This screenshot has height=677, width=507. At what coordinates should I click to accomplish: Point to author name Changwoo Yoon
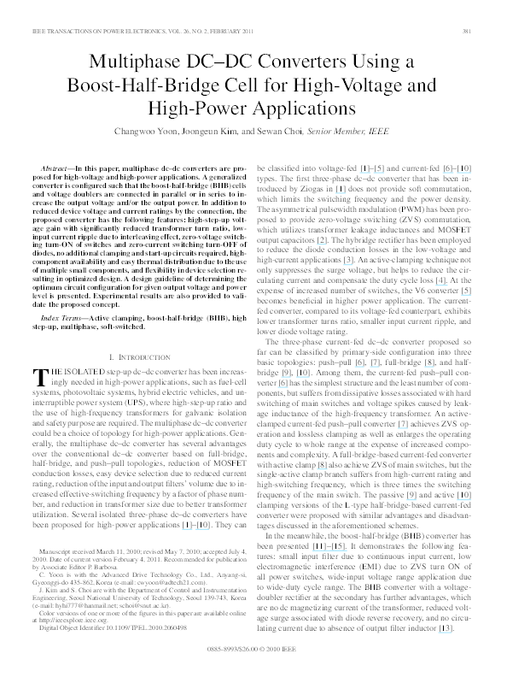[x=140, y=132]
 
